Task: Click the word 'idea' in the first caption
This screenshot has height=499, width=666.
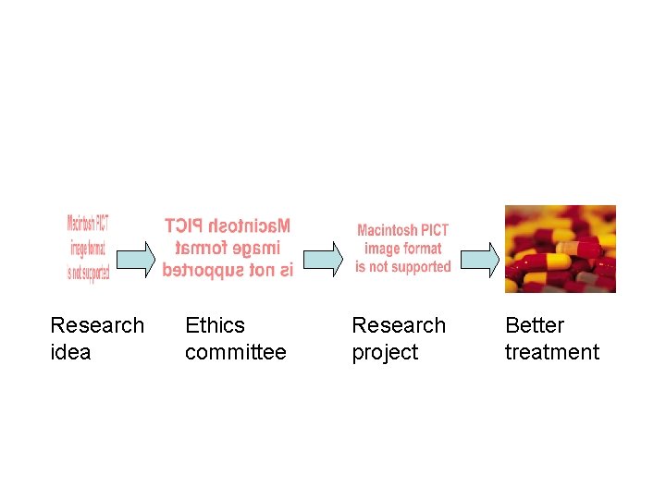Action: tap(70, 352)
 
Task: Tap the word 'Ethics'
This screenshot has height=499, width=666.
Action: tap(215, 325)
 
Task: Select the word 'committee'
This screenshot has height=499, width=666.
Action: tap(235, 352)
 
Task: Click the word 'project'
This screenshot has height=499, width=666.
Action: tap(385, 352)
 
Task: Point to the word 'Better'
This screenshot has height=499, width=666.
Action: tap(534, 325)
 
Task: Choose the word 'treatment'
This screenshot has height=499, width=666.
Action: tap(551, 352)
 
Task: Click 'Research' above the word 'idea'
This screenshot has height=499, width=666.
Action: tap(97, 325)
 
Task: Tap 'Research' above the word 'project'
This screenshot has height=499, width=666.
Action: tap(399, 325)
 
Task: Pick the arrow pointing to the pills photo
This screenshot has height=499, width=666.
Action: tap(480, 259)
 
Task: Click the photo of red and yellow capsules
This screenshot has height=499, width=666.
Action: tap(560, 249)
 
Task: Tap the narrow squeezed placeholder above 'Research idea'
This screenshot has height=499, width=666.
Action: tap(88, 249)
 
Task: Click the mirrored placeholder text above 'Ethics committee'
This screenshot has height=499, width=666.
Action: tap(228, 248)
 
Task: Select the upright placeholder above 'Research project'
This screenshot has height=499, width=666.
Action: tap(403, 249)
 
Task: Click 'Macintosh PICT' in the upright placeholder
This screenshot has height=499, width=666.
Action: tap(403, 230)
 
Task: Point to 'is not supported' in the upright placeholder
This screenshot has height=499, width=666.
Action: tap(403, 267)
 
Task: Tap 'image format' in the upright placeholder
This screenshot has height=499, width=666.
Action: tap(403, 249)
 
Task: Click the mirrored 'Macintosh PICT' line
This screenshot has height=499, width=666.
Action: tap(228, 225)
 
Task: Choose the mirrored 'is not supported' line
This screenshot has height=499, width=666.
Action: tap(228, 270)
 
